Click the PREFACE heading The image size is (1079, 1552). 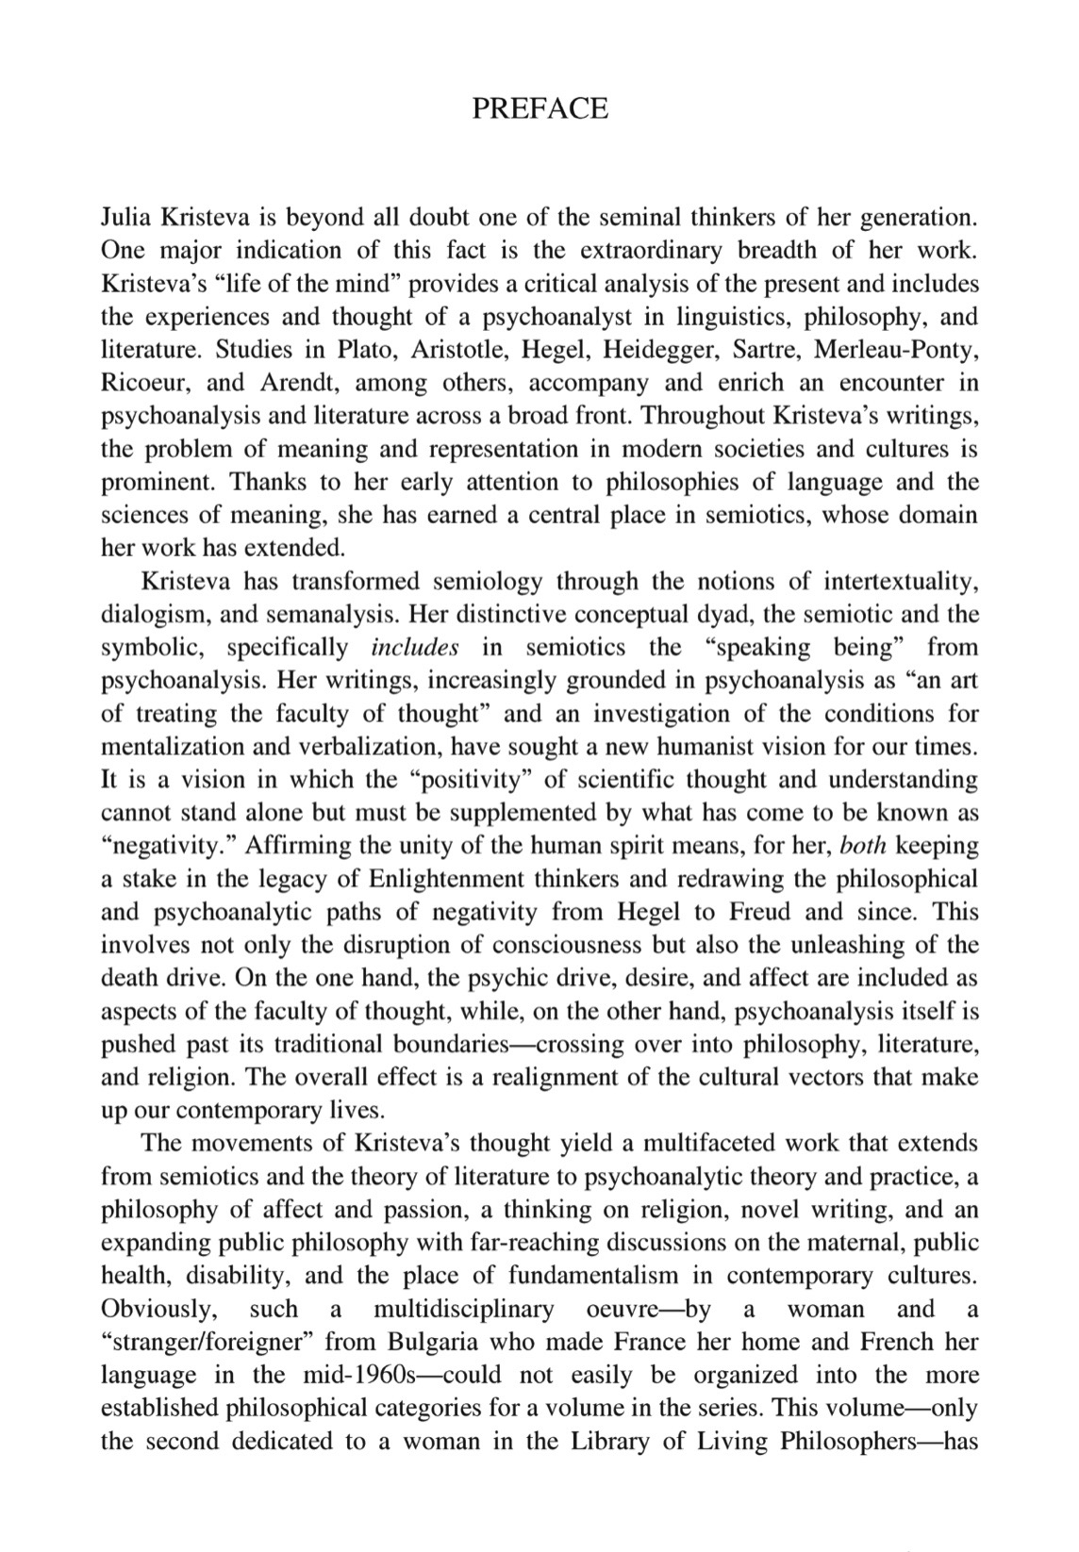coord(539,108)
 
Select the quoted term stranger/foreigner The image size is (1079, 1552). coord(213,1341)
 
